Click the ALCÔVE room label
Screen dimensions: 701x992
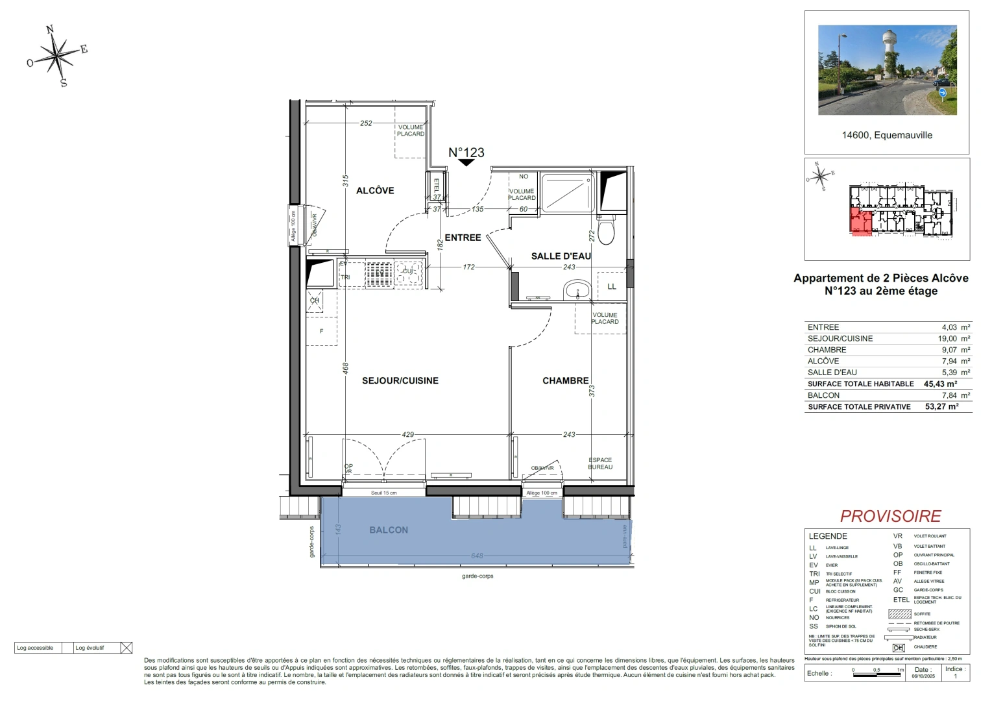pyautogui.click(x=375, y=190)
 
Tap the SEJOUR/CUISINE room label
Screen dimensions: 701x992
pyautogui.click(x=400, y=381)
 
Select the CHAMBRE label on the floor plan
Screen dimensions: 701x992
pyautogui.click(x=566, y=381)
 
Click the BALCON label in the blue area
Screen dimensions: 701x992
pyautogui.click(x=389, y=530)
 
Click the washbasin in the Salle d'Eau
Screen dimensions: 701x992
pyautogui.click(x=576, y=289)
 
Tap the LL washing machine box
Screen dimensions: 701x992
pyautogui.click(x=612, y=286)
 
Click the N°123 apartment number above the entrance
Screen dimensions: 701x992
pyautogui.click(x=466, y=153)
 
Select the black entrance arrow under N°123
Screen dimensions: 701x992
pyautogui.click(x=466, y=163)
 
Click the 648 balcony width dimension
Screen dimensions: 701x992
pyautogui.click(x=477, y=556)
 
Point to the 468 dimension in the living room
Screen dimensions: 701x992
pyautogui.click(x=346, y=368)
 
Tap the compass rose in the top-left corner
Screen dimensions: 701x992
pyautogui.click(x=58, y=56)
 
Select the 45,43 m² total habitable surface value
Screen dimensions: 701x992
pyautogui.click(x=941, y=384)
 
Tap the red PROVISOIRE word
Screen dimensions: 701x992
pyautogui.click(x=890, y=516)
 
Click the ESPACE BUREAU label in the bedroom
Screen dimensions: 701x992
pyautogui.click(x=600, y=463)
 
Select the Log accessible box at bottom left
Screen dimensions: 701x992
pyautogui.click(x=36, y=648)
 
